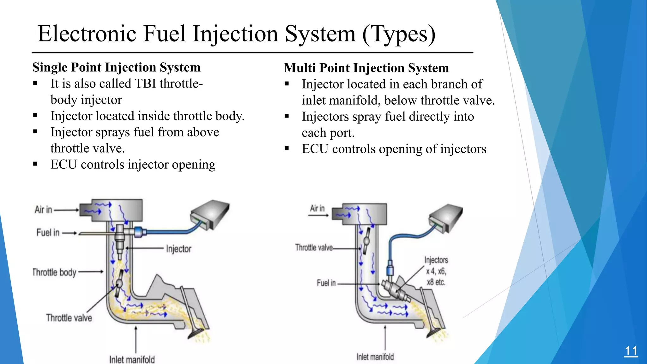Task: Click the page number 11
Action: tap(631, 351)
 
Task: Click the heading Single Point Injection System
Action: tap(116, 67)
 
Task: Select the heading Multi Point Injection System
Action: tap(366, 68)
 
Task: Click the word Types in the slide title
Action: tap(400, 34)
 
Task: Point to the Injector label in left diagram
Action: tap(178, 249)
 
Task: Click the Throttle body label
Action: tap(54, 272)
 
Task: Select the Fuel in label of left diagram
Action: tap(48, 233)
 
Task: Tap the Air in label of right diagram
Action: tap(317, 208)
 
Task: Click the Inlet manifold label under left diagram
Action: tap(132, 359)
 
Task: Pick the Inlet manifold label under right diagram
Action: tap(375, 357)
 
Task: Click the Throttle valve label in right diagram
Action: tap(314, 247)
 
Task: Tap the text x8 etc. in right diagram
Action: tap(436, 282)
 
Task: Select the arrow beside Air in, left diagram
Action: tap(66, 210)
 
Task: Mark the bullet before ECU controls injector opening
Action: tap(35, 164)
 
